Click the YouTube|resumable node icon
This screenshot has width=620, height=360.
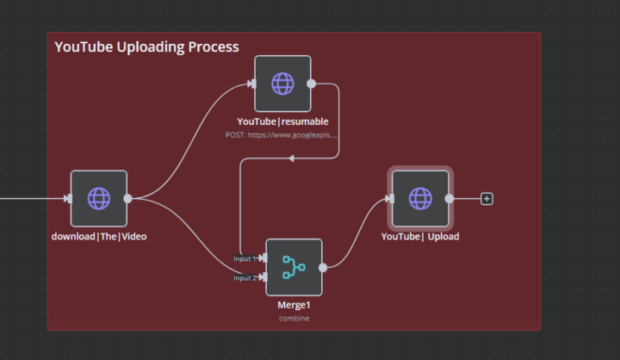[x=282, y=84]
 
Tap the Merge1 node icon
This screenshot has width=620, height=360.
[x=294, y=267]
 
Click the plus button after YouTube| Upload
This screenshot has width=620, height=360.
[x=487, y=199]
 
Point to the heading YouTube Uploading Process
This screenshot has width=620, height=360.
[x=146, y=47]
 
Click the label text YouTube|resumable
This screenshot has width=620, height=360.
[x=282, y=121]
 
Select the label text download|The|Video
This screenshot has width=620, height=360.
[x=99, y=236]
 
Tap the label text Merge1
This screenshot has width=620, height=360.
[x=294, y=305]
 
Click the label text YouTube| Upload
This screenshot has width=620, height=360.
[x=420, y=236]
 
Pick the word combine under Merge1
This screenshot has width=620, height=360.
[x=294, y=318]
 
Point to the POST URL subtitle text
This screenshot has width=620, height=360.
[x=282, y=135]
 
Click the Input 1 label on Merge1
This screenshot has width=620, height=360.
[x=245, y=258]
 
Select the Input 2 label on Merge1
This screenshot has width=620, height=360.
[x=245, y=277]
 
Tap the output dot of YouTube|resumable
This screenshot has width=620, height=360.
[x=311, y=84]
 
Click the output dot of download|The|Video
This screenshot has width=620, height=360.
[x=127, y=199]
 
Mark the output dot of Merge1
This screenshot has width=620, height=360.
[x=322, y=267]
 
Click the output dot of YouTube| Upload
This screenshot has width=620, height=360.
[x=449, y=199]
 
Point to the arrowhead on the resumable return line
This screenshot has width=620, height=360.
[x=292, y=158]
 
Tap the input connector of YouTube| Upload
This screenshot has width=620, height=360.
[x=391, y=199]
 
